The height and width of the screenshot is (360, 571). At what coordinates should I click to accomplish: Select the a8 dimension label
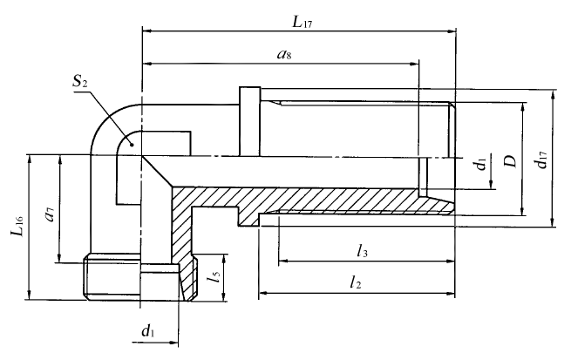[x=283, y=54]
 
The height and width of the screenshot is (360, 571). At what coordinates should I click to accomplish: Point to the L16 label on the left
[x=16, y=224]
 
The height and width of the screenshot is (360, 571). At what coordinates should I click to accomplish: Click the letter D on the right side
[x=511, y=160]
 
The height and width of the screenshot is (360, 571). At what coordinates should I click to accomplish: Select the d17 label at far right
[x=541, y=159]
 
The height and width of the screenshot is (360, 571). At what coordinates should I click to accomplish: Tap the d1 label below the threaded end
[x=148, y=330]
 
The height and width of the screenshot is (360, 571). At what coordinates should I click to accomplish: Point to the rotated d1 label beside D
[x=479, y=166]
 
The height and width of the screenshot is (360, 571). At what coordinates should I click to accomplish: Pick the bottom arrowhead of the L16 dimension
[x=30, y=295]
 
